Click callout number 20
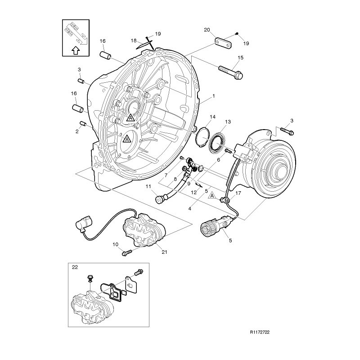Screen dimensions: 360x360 207,30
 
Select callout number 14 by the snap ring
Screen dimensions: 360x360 212,117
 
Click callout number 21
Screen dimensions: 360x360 164,252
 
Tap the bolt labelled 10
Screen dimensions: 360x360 126,253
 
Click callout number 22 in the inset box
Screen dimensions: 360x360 75,267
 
